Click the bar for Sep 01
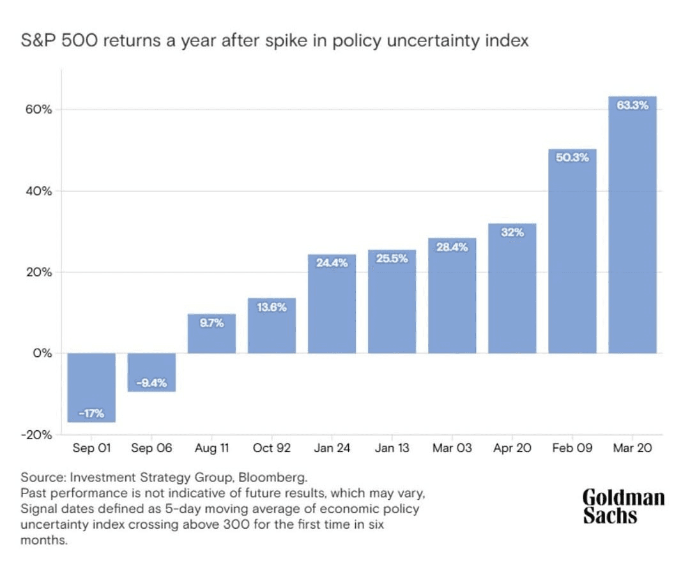[x=91, y=388]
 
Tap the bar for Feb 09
[x=572, y=251]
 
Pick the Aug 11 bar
[x=211, y=333]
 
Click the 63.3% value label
[x=632, y=106]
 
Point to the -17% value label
[x=91, y=413]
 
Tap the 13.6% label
[x=272, y=307]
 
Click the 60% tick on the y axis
[x=38, y=110]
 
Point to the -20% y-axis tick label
[x=36, y=435]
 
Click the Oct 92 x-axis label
[x=272, y=448]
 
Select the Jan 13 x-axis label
[x=392, y=448]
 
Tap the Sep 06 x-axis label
[x=151, y=448]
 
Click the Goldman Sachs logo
[x=623, y=507]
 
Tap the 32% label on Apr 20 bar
[x=512, y=232]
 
